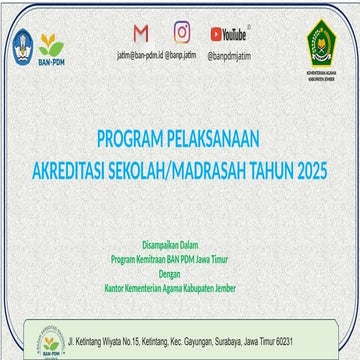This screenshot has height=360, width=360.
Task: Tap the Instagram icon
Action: [181, 33]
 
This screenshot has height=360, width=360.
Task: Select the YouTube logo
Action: [229, 35]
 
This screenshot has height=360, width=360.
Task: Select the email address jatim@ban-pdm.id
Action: [140, 57]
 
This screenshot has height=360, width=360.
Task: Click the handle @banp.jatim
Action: [181, 57]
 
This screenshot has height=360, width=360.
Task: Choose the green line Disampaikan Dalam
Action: [180, 242]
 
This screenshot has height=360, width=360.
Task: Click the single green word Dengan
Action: [180, 267]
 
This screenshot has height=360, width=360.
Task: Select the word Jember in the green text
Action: [241, 280]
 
